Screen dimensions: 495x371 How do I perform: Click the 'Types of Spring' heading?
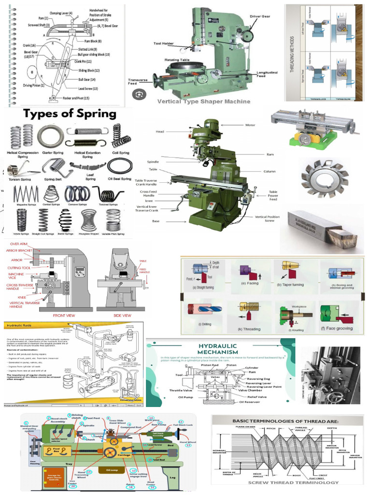pos(70,114)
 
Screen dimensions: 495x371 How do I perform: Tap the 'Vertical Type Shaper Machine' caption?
pos(204,101)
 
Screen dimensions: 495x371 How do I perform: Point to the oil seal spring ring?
pos(119,166)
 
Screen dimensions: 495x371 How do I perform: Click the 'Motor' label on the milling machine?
pos(250,125)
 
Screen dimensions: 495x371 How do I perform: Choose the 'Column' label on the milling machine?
pos(269,171)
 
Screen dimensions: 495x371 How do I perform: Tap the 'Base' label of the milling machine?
pos(156,221)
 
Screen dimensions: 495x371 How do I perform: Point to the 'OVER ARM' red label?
pos(18,244)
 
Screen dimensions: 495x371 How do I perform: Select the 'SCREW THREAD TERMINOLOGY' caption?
pos(286,482)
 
